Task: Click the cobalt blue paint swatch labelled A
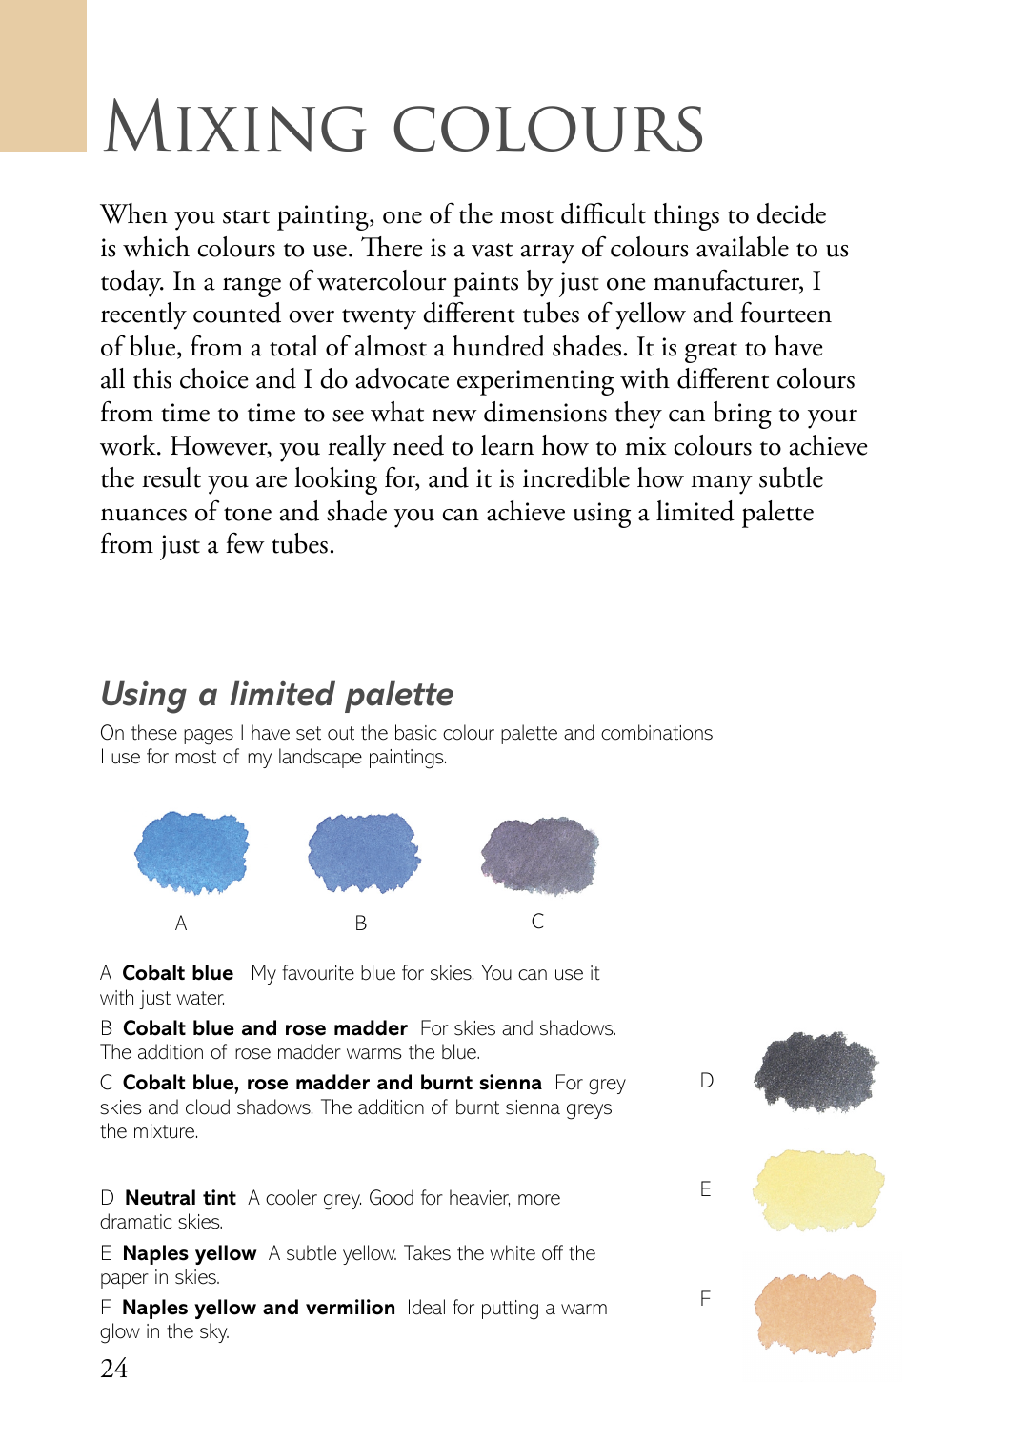(191, 852)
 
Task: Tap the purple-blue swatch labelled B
(363, 852)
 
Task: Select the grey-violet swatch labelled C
(539, 855)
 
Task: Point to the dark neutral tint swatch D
(816, 1071)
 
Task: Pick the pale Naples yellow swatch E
(817, 1190)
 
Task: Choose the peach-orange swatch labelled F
(816, 1312)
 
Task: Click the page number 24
(113, 1369)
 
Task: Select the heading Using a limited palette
(277, 694)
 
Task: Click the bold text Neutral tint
(180, 1198)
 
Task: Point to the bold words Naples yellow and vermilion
(258, 1308)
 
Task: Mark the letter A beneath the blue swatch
(181, 923)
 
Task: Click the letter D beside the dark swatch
(706, 1080)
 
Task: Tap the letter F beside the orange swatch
(705, 1298)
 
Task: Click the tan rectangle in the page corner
(43, 75)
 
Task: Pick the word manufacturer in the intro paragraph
(730, 281)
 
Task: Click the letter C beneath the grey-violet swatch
(537, 921)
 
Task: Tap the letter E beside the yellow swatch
(705, 1188)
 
